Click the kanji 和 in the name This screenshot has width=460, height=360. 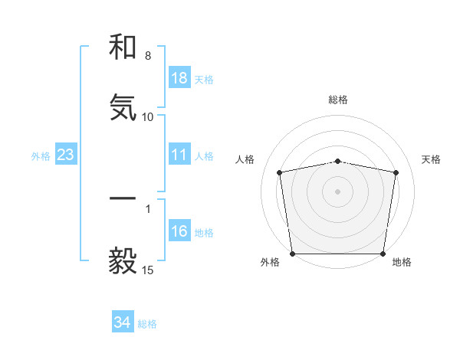pyautogui.click(x=123, y=48)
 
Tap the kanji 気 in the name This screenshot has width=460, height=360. pyautogui.click(x=123, y=107)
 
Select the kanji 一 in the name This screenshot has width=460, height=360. pyautogui.click(x=123, y=198)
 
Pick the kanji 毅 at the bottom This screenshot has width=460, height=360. pyautogui.click(x=123, y=260)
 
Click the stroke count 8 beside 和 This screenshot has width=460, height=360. pyautogui.click(x=148, y=57)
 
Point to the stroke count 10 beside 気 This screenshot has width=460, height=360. pyautogui.click(x=148, y=117)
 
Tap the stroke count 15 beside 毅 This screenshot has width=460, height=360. pyautogui.click(x=148, y=270)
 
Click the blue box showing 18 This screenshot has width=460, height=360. pyautogui.click(x=179, y=78)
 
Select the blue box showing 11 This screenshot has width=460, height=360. pyautogui.click(x=179, y=155)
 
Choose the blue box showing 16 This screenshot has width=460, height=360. pyautogui.click(x=179, y=231)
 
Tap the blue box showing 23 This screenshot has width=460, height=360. pyautogui.click(x=66, y=155)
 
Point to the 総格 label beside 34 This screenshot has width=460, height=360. pyautogui.click(x=147, y=324)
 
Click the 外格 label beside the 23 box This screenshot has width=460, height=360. pyautogui.click(x=41, y=156)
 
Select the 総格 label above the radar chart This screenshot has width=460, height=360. pyautogui.click(x=338, y=100)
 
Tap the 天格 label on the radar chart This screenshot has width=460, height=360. pyautogui.click(x=432, y=159)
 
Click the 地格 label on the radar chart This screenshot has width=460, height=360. pyautogui.click(x=402, y=262)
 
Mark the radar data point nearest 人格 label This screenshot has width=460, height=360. pyautogui.click(x=280, y=172)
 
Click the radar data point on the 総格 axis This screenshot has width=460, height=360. pyautogui.click(x=338, y=161)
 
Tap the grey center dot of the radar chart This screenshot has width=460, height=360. pyautogui.click(x=338, y=191)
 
